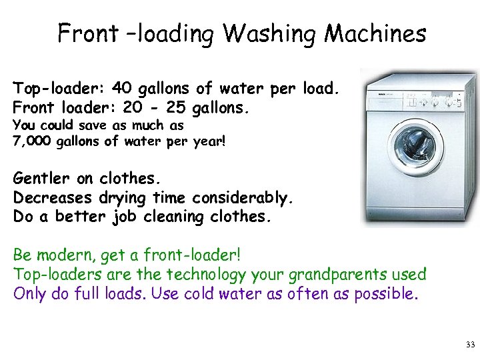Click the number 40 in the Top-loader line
click(122, 88)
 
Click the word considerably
click(243, 198)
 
